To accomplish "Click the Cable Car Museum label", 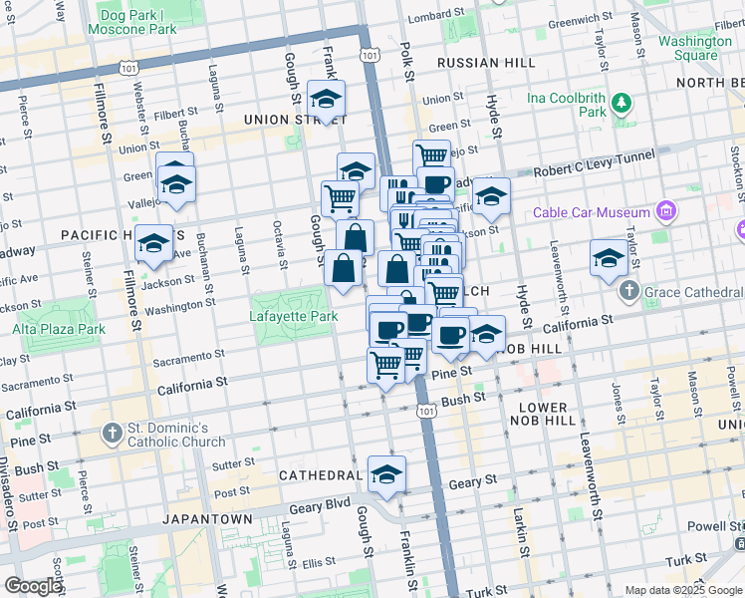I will [592, 212].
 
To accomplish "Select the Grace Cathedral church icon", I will [627, 291].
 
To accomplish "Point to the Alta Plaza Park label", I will [59, 329].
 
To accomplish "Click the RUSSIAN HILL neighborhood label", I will [478, 61].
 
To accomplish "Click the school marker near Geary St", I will [386, 473].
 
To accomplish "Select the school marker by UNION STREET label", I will [325, 98].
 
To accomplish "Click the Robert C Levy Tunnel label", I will [594, 163].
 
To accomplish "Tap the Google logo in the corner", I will [33, 586].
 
